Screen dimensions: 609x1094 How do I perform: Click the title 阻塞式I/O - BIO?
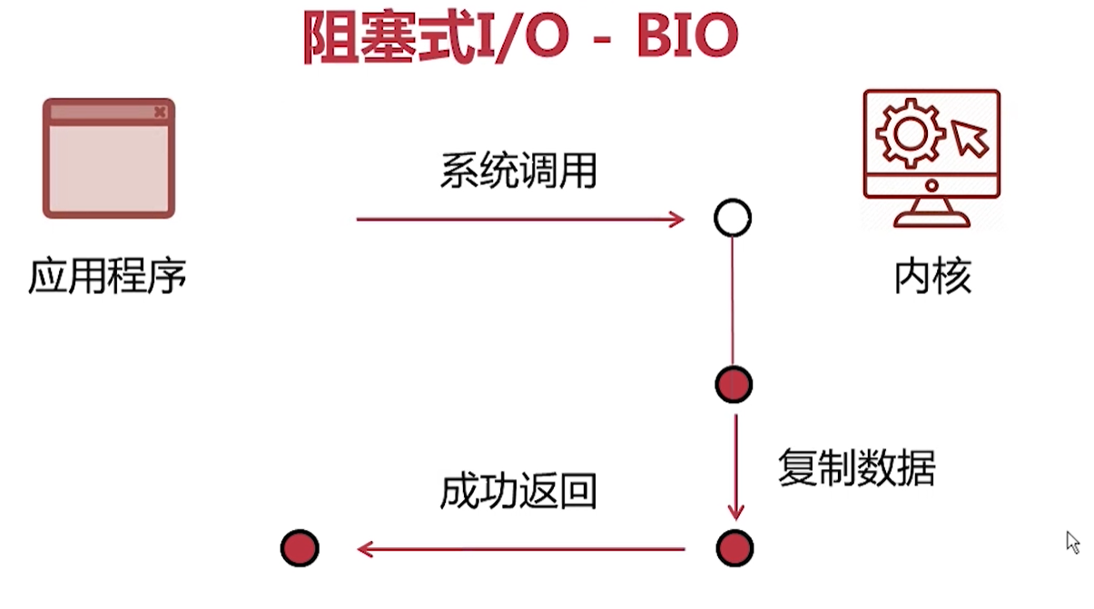tap(519, 38)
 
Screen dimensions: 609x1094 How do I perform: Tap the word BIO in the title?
tap(686, 38)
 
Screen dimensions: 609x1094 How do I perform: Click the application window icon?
tap(109, 158)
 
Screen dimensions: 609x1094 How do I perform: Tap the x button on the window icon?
tap(160, 112)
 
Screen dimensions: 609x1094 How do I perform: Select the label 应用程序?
tap(107, 276)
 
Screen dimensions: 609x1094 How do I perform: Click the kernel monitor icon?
tap(931, 158)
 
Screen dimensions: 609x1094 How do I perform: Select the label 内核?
tap(932, 276)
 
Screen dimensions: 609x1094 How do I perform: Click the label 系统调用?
tap(518, 171)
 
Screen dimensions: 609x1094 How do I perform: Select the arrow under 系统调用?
tap(519, 219)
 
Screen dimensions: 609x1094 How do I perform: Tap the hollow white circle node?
tap(733, 219)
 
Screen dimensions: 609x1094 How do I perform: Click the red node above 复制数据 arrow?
tap(734, 384)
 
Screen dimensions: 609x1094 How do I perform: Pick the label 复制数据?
tap(856, 467)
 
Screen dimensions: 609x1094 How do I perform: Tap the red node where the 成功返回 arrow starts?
tap(734, 548)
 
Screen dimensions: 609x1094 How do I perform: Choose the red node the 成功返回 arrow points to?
tap(300, 548)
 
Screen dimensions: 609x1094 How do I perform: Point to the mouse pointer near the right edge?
tap(1072, 542)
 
